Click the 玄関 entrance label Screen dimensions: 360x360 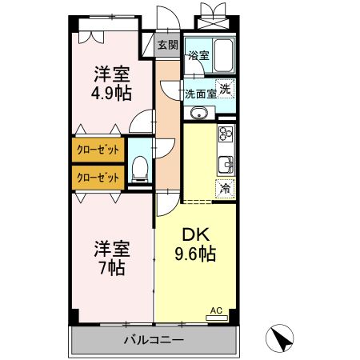tap(167, 45)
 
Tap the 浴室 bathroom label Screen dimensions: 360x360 tap(198, 56)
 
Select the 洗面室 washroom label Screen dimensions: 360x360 tap(200, 93)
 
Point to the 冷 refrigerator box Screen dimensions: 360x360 tap(226, 190)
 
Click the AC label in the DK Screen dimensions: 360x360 tap(215, 310)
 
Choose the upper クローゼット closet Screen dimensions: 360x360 tap(98, 150)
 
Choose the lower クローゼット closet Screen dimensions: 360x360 tap(98, 176)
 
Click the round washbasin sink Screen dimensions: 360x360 tap(200, 114)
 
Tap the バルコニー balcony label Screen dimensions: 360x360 tap(154, 340)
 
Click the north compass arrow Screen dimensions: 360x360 tap(280, 338)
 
